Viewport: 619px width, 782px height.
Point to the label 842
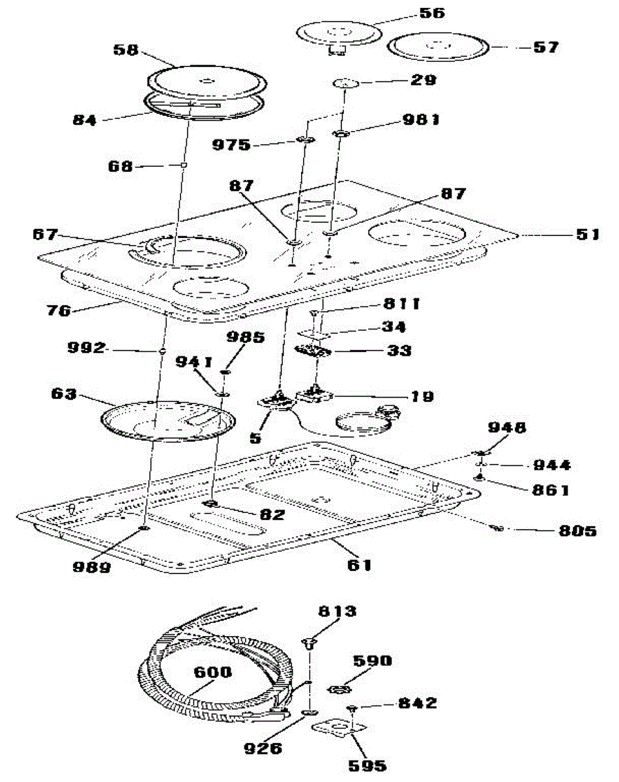416,703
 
